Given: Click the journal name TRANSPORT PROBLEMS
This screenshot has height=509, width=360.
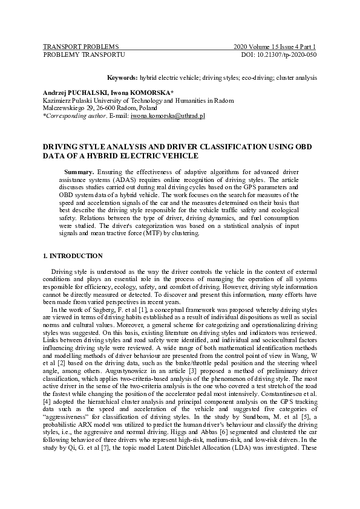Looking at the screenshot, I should pos(80,47).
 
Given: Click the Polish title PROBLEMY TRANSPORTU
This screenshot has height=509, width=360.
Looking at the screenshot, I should pos(83,54).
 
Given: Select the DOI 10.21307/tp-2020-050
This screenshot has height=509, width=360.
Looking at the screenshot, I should pos(280,54).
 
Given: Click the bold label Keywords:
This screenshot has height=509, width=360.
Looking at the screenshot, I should pos(122,79).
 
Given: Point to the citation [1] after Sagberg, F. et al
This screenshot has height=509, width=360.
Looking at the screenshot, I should pos(141,308).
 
